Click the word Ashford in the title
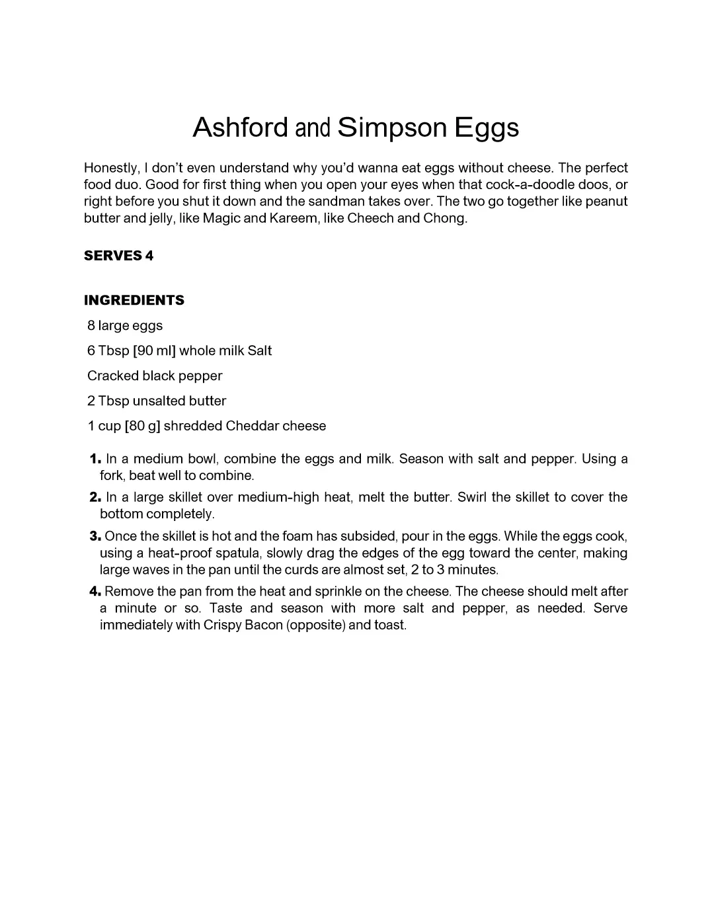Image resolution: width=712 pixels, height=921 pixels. coord(240,128)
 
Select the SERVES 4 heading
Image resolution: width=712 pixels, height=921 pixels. coord(118,256)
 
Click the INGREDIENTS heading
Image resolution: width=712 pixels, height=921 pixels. coord(134,300)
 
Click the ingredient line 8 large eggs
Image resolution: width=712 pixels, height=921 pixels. coord(125,326)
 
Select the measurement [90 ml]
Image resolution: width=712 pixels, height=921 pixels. coord(154,351)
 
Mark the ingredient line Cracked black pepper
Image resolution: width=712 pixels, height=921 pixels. coord(155,376)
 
